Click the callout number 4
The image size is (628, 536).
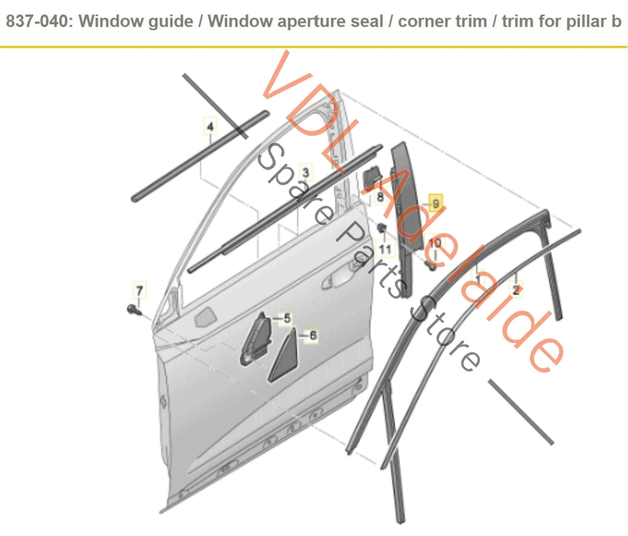click(x=210, y=127)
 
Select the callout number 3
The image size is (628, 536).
click(x=306, y=173)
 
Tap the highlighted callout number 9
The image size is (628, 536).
click(x=435, y=203)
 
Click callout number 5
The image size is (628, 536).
click(x=286, y=318)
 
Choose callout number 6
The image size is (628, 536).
click(x=312, y=335)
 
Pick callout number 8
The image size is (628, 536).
click(x=380, y=196)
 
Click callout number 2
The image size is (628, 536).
click(x=516, y=290)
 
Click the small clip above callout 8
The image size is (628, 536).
click(x=372, y=176)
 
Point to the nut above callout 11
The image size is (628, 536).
click(x=382, y=228)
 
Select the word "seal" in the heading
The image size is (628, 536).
click(x=367, y=21)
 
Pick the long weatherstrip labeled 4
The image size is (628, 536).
click(x=200, y=156)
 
